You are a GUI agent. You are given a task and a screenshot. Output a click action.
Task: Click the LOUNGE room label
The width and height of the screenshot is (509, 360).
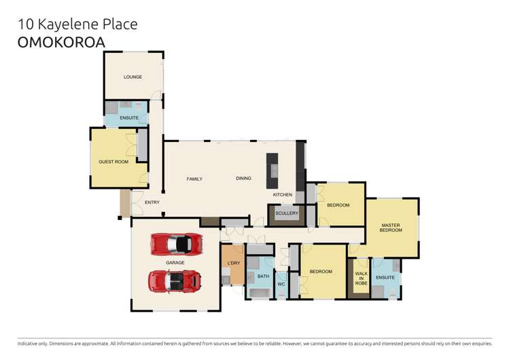[x=133, y=77]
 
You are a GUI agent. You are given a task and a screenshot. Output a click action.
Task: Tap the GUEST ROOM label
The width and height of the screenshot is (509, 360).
[x=113, y=162]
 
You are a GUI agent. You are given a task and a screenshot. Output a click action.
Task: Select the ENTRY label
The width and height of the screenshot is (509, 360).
[x=152, y=202]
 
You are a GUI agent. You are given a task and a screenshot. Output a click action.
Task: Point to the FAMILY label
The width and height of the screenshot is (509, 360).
[x=195, y=179]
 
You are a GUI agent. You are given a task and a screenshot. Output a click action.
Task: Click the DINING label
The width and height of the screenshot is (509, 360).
[x=243, y=179]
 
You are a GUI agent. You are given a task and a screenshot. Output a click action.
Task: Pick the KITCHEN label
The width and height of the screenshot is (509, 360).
[x=283, y=195]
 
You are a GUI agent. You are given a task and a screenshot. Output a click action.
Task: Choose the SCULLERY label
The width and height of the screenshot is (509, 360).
[x=287, y=213]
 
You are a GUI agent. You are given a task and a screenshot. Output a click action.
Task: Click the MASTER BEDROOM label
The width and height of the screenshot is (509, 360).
[x=391, y=228]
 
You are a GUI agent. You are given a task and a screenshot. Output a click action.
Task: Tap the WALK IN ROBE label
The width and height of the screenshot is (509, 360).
[x=361, y=278]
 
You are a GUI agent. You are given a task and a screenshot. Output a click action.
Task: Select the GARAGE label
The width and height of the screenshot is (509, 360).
[x=175, y=262]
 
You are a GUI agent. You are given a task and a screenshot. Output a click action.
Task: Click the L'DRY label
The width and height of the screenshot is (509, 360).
[x=234, y=263]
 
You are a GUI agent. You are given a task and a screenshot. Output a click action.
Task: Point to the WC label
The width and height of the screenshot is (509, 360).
[x=281, y=284]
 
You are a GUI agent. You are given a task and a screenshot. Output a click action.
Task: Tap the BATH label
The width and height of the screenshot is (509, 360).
[x=263, y=276]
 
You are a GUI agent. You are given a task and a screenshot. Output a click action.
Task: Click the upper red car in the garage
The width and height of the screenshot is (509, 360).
[x=176, y=243]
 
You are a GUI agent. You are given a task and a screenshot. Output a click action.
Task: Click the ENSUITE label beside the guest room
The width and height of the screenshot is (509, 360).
[x=129, y=118]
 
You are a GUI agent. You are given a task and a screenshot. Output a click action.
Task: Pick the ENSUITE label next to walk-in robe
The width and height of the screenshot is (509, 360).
[x=385, y=277]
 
